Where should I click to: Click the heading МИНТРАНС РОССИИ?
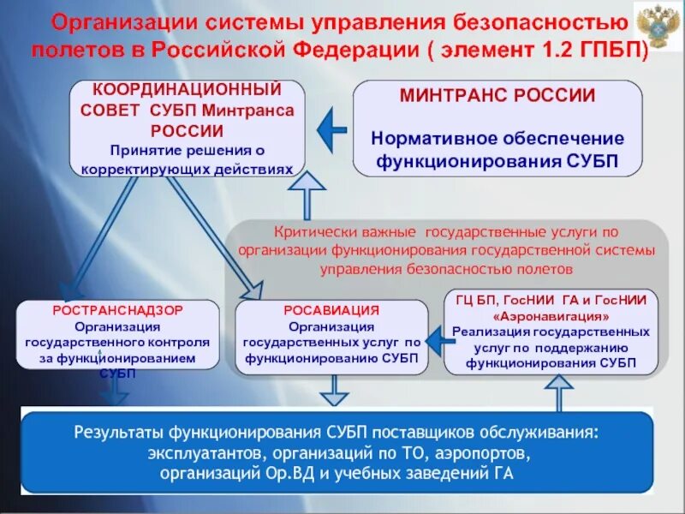pos(497,96)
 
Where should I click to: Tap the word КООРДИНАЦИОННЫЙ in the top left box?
pos(187,89)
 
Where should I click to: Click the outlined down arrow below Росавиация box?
pos(332,391)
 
